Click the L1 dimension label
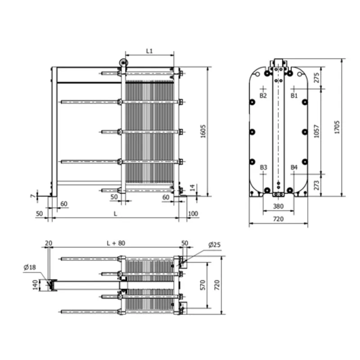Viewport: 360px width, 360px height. tap(149, 51)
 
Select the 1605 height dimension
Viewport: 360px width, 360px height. tap(203, 131)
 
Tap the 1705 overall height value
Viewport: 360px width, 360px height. tap(337, 127)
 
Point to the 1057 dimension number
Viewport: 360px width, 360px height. tap(317, 131)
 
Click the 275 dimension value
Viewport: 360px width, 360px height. tap(317, 77)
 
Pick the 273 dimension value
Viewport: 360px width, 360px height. tap(317, 185)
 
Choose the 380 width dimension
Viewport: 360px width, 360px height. tap(278, 206)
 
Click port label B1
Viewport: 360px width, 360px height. tap(294, 95)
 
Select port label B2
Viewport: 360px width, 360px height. tap(263, 95)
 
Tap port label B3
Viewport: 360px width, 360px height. tap(264, 167)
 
